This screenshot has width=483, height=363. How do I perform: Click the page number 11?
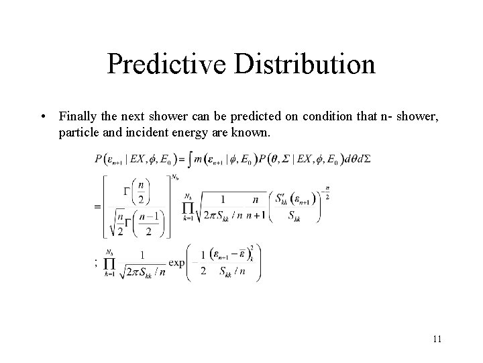[437, 339]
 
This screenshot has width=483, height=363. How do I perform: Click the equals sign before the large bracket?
[98, 206]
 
